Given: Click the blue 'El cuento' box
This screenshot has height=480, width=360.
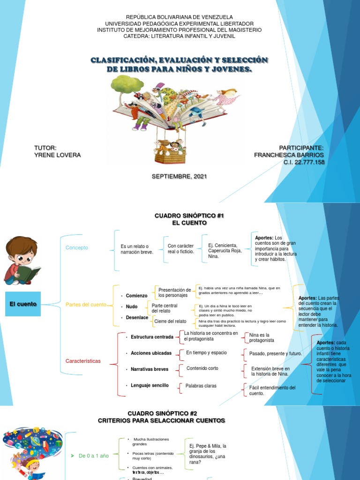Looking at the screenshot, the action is click(x=23, y=304).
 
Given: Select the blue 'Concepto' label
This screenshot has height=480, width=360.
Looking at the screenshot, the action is click(x=77, y=247).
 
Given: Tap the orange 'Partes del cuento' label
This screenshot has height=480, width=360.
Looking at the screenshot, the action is click(x=86, y=305).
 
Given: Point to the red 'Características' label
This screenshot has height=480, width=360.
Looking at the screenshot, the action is click(x=83, y=361).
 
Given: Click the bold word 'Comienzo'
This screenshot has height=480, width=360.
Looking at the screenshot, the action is click(x=136, y=296).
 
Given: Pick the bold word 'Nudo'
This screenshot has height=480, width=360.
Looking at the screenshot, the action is click(x=132, y=307).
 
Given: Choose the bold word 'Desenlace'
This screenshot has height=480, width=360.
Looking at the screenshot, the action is click(x=137, y=317).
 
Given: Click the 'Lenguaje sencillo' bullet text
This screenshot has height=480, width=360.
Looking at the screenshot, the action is click(x=150, y=385).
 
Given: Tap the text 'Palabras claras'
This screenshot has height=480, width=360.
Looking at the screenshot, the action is click(x=201, y=386).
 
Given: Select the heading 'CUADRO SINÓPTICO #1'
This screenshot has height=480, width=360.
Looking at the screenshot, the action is click(x=190, y=215).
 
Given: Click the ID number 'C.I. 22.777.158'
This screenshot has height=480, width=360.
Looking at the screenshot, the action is click(x=304, y=162).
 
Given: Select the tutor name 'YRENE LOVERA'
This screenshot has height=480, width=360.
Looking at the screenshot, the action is click(x=58, y=155).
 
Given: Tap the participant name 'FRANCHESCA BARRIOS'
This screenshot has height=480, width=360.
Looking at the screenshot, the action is click(x=289, y=155).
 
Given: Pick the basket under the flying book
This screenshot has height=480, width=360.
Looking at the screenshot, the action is click(x=170, y=155).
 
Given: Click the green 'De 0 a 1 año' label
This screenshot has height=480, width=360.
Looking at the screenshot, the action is click(x=93, y=456).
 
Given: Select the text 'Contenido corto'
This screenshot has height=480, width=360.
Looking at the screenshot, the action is click(x=202, y=368).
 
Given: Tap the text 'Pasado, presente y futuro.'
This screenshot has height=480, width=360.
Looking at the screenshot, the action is click(x=276, y=353).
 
